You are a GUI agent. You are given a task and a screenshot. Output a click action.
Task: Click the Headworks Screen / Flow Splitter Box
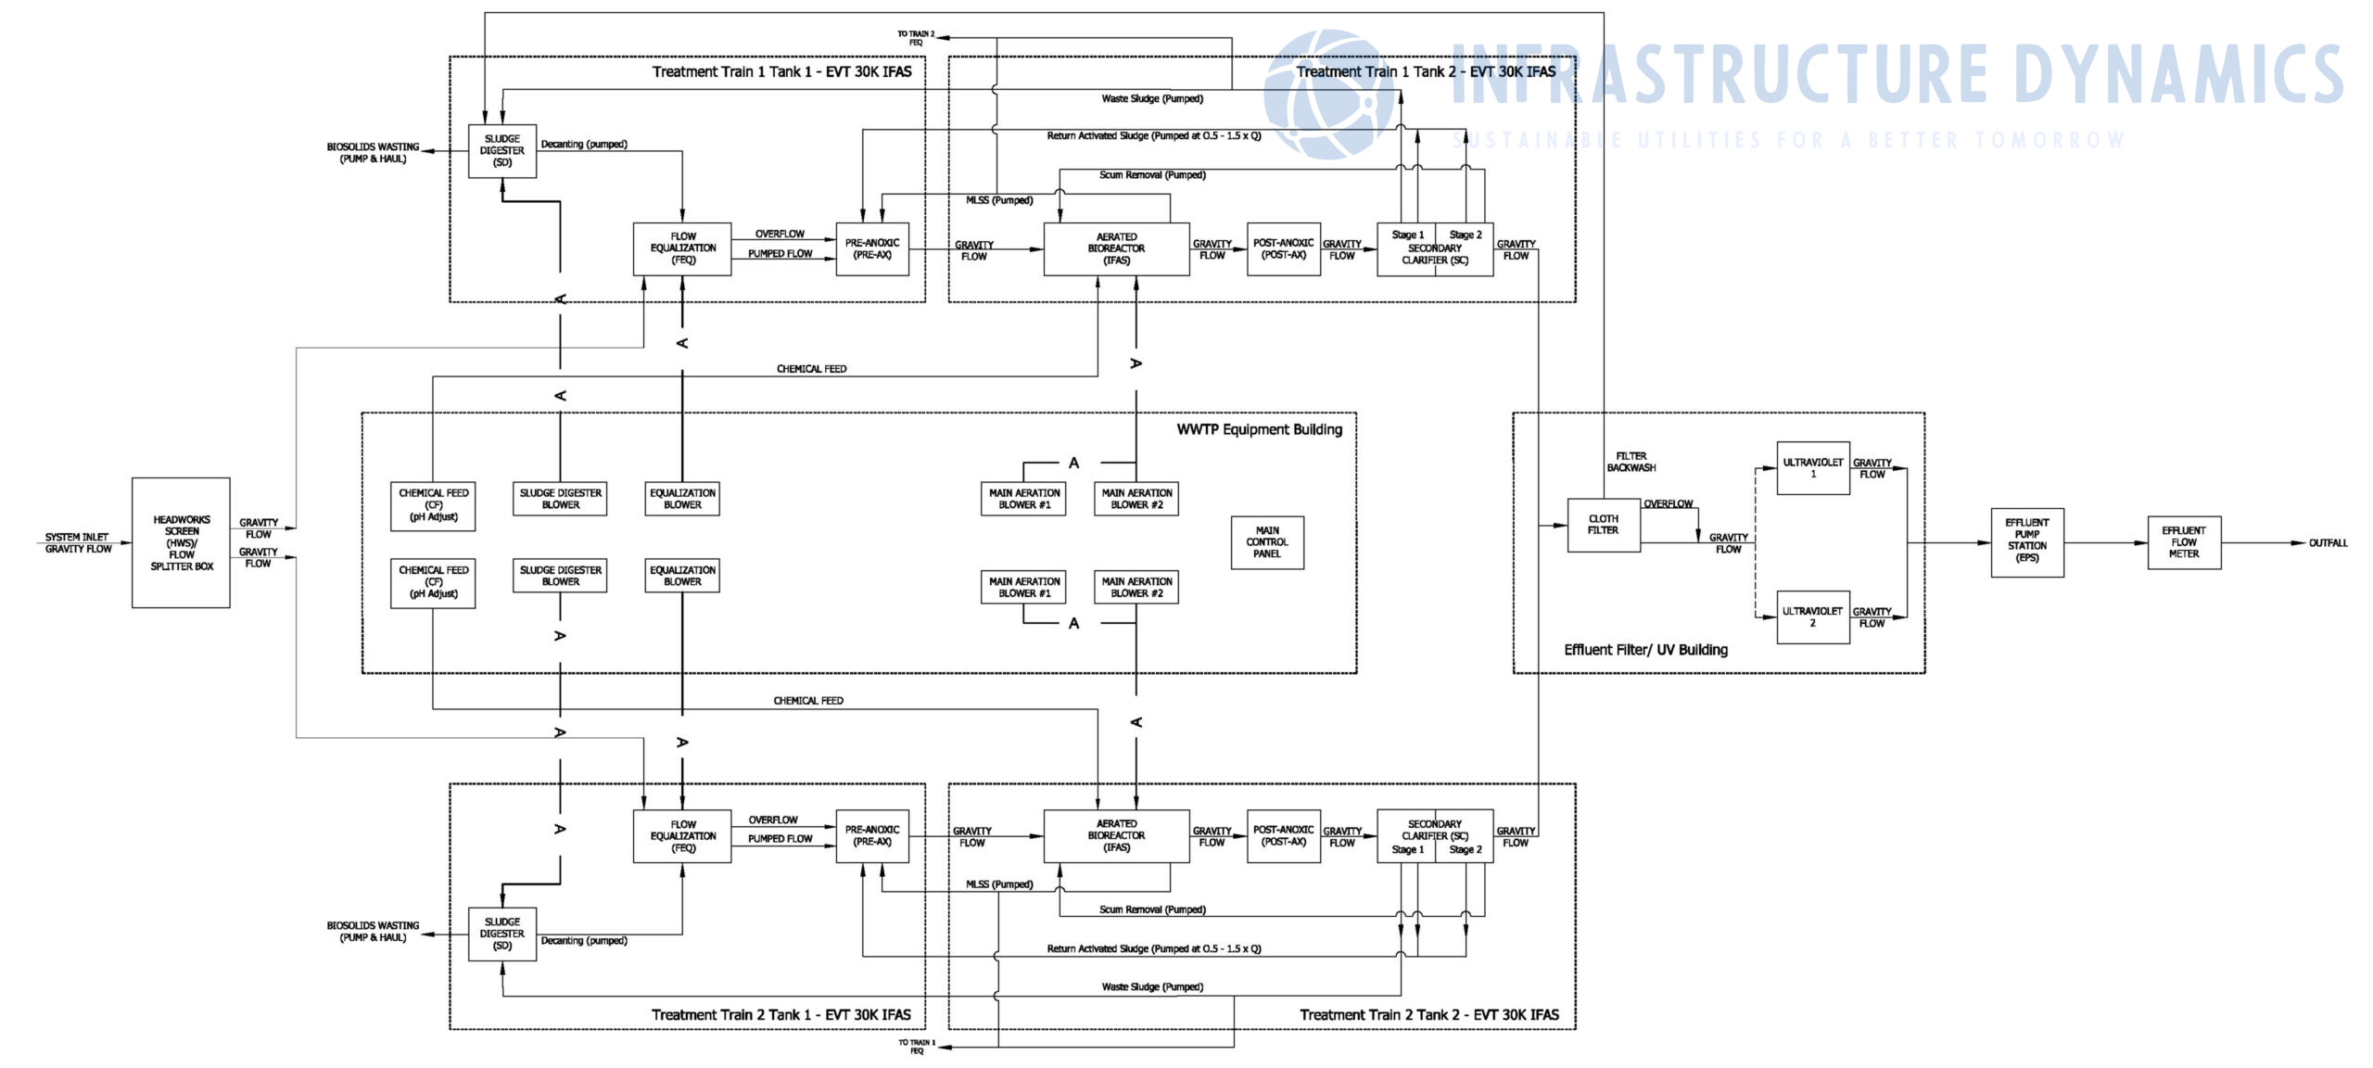point(181,542)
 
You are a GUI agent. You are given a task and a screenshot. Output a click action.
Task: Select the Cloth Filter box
point(1603,525)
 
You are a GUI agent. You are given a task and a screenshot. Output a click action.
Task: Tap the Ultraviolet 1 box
point(1812,467)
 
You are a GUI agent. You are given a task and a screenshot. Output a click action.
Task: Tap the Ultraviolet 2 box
point(1812,617)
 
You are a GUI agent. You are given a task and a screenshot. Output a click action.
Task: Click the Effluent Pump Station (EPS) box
point(2026,541)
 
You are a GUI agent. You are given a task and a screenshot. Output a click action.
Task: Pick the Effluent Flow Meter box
point(2183,541)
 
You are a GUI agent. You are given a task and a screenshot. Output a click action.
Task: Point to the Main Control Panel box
point(1266,541)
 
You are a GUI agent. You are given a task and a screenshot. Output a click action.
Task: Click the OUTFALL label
point(2328,542)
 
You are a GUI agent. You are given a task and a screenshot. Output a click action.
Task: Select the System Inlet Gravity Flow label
point(78,542)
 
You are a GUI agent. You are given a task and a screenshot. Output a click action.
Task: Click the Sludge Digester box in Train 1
point(501,150)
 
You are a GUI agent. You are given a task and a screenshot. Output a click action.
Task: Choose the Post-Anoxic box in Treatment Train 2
point(1283,835)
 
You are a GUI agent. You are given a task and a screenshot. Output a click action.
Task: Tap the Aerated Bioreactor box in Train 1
point(1116,248)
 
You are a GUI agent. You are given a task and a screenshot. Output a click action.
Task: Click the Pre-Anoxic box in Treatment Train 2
point(871,835)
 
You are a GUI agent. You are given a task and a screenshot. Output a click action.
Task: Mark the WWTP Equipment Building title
point(1259,429)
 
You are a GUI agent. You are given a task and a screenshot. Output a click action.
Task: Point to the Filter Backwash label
point(1631,462)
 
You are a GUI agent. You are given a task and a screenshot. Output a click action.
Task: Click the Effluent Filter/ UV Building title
point(1645,650)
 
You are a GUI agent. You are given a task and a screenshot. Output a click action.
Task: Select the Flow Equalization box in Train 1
point(682,248)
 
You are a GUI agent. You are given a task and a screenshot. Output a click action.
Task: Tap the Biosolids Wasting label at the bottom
point(373,931)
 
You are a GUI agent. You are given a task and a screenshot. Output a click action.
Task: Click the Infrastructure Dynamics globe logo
point(1330,93)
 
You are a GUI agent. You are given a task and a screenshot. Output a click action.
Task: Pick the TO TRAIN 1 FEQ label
point(916,1046)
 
